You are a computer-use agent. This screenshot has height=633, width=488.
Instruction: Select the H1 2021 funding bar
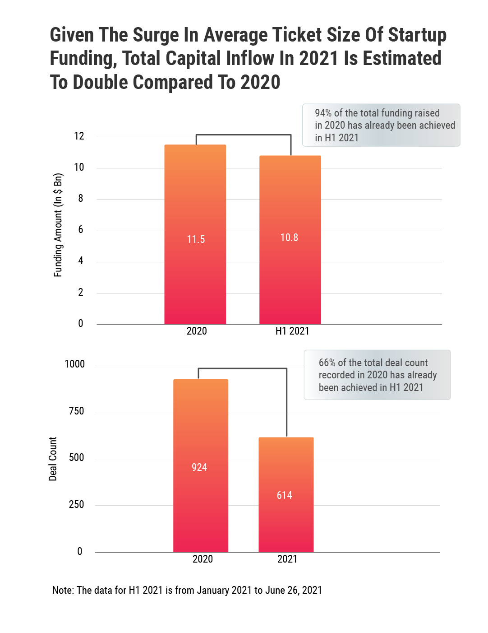[290, 280]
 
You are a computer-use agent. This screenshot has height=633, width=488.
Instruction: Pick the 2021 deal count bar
[286, 524]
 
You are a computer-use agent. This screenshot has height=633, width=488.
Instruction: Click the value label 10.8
[289, 237]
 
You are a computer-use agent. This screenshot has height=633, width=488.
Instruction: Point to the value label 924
[199, 467]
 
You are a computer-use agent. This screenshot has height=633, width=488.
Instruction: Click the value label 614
[284, 495]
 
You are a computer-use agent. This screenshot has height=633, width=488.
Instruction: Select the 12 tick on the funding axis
[79, 136]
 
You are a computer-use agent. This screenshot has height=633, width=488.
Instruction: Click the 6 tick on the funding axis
[81, 230]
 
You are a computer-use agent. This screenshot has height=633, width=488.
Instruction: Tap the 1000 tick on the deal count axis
[74, 364]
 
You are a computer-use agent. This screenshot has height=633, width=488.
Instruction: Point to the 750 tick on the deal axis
[76, 411]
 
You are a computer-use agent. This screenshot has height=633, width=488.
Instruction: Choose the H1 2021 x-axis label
[292, 331]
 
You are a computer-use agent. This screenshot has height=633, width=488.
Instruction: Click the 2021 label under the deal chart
[287, 559]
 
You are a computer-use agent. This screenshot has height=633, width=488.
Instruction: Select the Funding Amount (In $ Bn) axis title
[58, 225]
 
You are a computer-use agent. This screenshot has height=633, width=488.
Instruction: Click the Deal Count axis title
[53, 459]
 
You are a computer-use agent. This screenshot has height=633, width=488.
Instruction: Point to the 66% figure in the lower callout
[327, 363]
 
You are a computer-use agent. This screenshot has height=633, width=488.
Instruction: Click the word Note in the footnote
[63, 590]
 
